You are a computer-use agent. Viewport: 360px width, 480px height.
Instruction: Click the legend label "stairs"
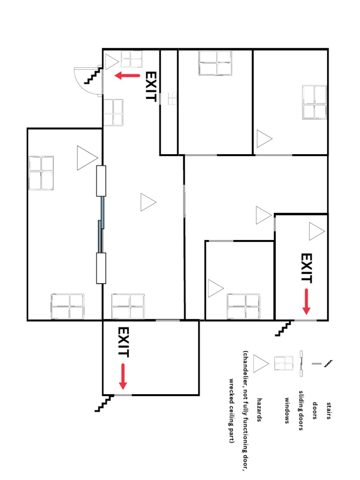pos(329,411)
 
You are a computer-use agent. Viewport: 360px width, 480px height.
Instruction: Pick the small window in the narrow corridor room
pos(172,98)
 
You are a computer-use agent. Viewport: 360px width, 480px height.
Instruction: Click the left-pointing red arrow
pos(127,75)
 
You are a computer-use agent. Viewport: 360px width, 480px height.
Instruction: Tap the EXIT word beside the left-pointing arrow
pos(150,86)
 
